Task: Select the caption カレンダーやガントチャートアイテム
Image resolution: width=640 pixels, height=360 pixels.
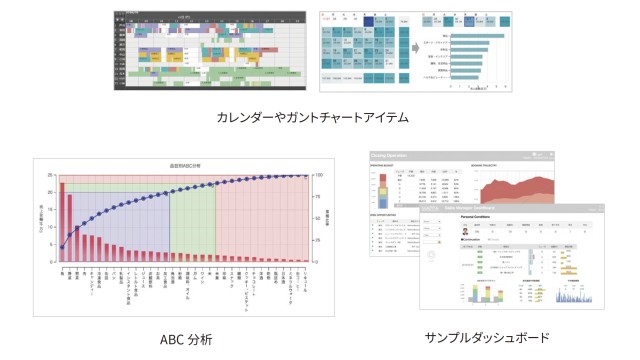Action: tap(312, 117)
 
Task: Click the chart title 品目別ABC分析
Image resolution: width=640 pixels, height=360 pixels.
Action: tap(186, 165)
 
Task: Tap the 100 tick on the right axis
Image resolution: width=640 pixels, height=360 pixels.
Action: tap(317, 175)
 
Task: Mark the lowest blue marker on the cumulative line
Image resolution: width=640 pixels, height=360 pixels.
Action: tap(62, 247)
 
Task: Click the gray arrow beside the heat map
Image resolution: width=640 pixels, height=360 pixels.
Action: tap(412, 48)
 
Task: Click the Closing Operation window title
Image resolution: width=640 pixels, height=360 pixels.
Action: tap(391, 155)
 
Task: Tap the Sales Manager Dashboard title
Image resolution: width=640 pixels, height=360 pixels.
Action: tap(460, 208)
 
